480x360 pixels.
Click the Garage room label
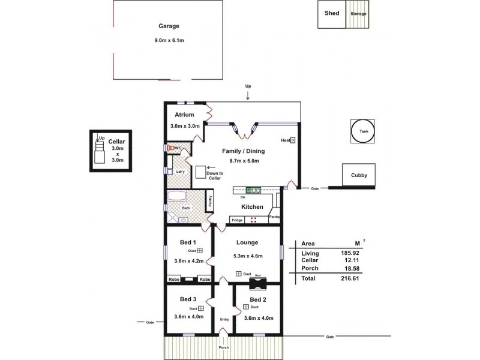pos(169,26)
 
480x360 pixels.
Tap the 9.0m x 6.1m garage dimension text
pos(169,40)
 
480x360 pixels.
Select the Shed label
pos(332,13)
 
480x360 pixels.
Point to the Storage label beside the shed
pos(358,14)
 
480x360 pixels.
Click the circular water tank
pos(364,131)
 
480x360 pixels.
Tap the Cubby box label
pos(359,176)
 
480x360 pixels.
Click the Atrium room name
pos(183,115)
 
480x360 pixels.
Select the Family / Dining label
pos(244,151)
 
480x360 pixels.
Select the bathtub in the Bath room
pos(177,196)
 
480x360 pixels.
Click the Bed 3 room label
pos(188,299)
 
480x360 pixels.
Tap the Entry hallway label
pos(224,319)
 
